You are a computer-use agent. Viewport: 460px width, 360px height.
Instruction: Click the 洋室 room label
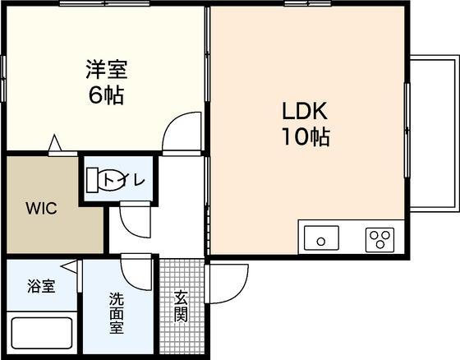(107, 70)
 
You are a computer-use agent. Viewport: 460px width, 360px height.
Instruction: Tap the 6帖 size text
(106, 95)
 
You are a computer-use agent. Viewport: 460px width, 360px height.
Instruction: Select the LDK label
(304, 111)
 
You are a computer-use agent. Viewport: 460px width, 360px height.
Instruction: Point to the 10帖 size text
(306, 136)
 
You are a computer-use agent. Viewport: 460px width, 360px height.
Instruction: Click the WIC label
(41, 208)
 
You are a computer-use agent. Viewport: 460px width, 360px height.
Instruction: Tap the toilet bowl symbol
(109, 180)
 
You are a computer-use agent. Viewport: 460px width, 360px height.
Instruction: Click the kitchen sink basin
(321, 238)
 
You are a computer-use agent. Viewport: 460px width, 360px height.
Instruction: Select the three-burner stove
(379, 240)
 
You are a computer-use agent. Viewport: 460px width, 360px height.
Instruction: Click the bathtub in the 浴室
(42, 333)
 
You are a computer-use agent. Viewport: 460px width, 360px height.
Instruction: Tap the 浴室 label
(41, 286)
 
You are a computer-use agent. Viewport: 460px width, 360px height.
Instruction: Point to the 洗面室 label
(117, 313)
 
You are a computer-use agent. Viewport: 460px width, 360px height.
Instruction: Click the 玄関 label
(181, 306)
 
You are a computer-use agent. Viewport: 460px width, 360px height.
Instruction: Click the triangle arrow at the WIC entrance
(55, 143)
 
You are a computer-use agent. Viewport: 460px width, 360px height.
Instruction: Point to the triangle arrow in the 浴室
(70, 267)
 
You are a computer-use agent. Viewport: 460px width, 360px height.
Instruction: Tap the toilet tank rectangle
(92, 180)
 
